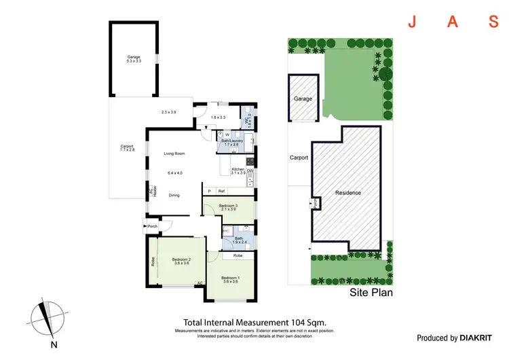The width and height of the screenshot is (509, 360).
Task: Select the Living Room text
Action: click(x=174, y=154)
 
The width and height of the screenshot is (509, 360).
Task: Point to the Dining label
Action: click(x=174, y=195)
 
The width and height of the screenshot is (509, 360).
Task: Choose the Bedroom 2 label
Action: click(x=181, y=261)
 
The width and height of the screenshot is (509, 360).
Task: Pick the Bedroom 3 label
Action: click(x=228, y=206)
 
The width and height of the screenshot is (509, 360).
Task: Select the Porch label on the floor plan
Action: click(x=153, y=226)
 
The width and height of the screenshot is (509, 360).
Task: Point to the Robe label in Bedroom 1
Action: click(x=238, y=256)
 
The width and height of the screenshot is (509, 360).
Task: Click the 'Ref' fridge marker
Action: click(x=221, y=191)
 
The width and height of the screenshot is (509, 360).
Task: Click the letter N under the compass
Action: click(x=53, y=344)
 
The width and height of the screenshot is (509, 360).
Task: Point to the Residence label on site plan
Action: click(x=348, y=193)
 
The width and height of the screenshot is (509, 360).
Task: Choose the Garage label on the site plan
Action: click(x=303, y=99)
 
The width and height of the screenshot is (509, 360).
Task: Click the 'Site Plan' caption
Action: click(x=371, y=294)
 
